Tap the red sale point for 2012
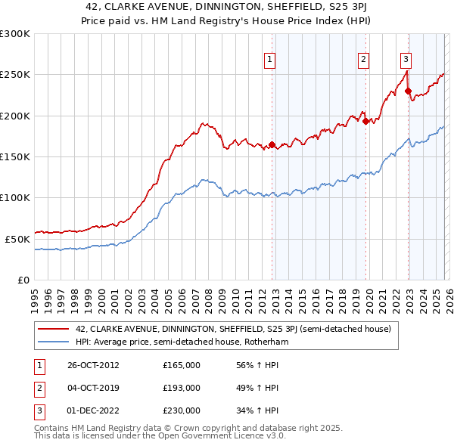tap(272, 144)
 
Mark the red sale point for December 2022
tap(408, 91)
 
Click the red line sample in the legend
tap(53, 329)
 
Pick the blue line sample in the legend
tap(53, 342)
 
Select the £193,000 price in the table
tap(181, 388)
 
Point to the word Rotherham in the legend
tap(267, 342)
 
